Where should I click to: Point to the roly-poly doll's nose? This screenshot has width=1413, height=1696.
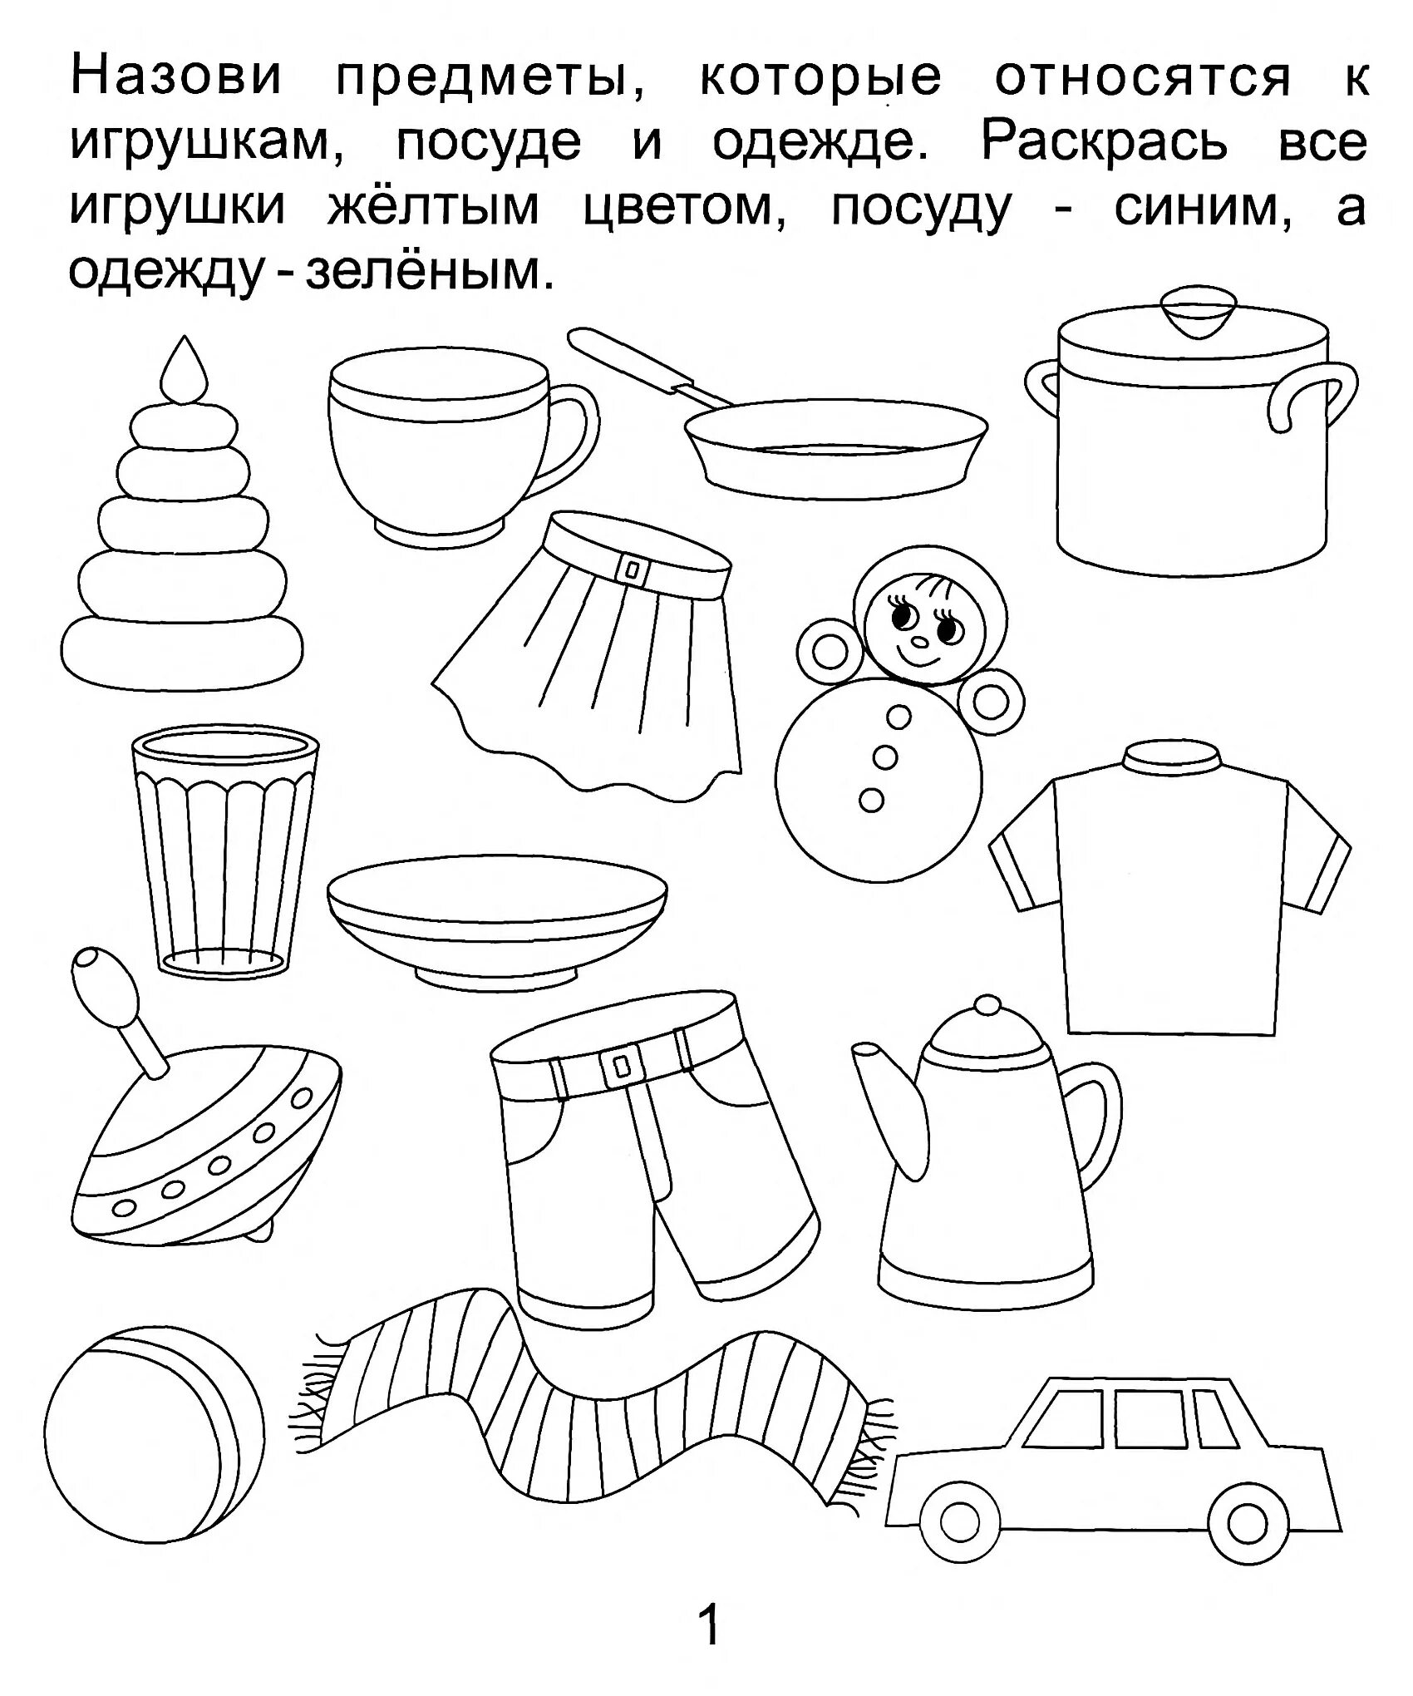click(920, 641)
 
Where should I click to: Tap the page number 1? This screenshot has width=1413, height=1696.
click(709, 1626)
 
